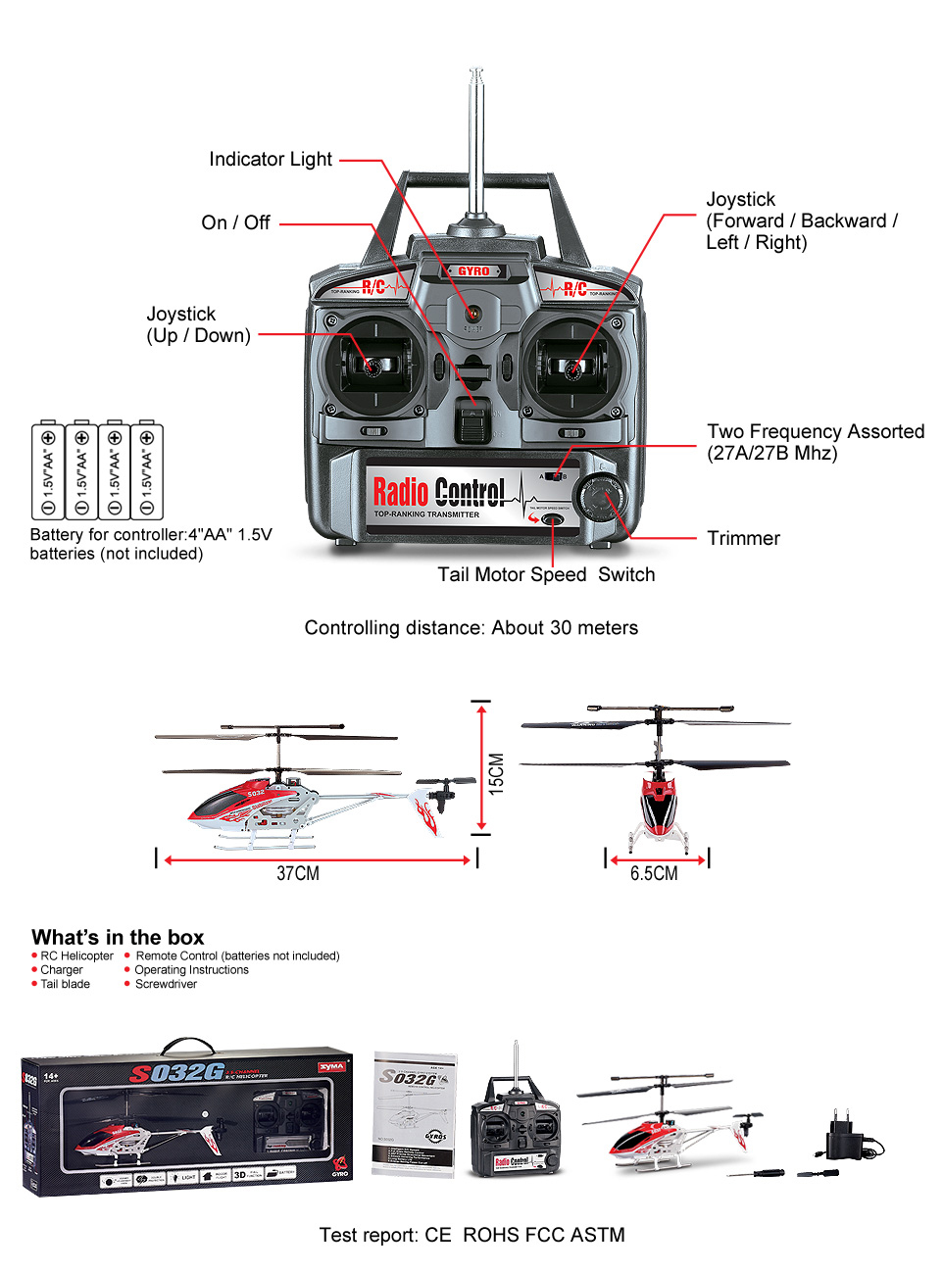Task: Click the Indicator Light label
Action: click(x=271, y=160)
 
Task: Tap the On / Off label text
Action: click(x=235, y=223)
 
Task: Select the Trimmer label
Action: click(x=743, y=538)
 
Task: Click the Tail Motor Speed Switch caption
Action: click(x=546, y=575)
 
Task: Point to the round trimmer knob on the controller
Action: click(x=598, y=497)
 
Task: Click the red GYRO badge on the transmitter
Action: click(x=473, y=271)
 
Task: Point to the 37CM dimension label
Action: click(x=297, y=873)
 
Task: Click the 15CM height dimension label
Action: click(x=497, y=771)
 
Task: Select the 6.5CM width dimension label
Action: click(x=653, y=873)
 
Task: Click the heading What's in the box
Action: click(x=118, y=937)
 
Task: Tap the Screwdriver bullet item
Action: click(x=166, y=984)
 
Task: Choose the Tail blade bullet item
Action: click(x=65, y=984)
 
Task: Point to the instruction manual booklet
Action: click(x=414, y=1113)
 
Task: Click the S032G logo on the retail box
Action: click(x=176, y=1073)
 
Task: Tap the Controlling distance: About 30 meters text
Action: click(x=471, y=628)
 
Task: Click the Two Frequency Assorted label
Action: click(x=816, y=432)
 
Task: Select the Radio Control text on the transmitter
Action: click(x=438, y=492)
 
